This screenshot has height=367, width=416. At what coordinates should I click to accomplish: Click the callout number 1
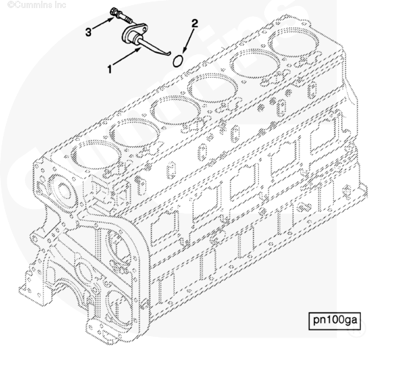[109, 69]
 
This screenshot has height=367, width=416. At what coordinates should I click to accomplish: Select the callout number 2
[194, 23]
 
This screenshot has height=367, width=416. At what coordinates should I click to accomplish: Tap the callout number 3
[88, 32]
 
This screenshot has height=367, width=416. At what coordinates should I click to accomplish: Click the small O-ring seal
[178, 61]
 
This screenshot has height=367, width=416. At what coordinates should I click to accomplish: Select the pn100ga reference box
[335, 321]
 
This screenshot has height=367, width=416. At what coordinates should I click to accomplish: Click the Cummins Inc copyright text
[37, 4]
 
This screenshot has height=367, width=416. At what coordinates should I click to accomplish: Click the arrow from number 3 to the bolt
[103, 23]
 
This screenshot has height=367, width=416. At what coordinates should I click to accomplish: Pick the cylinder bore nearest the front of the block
[94, 155]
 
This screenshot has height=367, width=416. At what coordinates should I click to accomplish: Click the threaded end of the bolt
[128, 21]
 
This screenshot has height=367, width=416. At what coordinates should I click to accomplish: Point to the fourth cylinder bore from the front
[211, 87]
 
